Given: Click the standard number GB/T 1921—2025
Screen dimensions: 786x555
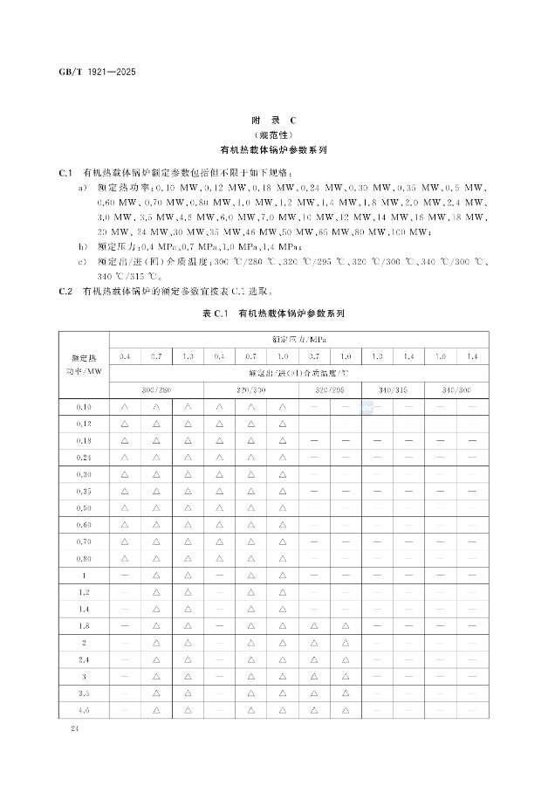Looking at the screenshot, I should click(x=97, y=72).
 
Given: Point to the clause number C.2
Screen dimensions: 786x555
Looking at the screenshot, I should click(x=64, y=289).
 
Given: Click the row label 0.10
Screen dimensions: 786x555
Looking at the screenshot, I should click(x=83, y=407).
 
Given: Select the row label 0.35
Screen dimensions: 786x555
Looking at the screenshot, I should click(x=83, y=492).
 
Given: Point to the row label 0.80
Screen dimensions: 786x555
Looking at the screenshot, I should click(x=83, y=559).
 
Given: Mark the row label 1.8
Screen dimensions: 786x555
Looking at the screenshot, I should click(x=83, y=625).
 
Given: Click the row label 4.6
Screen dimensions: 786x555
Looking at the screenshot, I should click(x=83, y=709).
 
